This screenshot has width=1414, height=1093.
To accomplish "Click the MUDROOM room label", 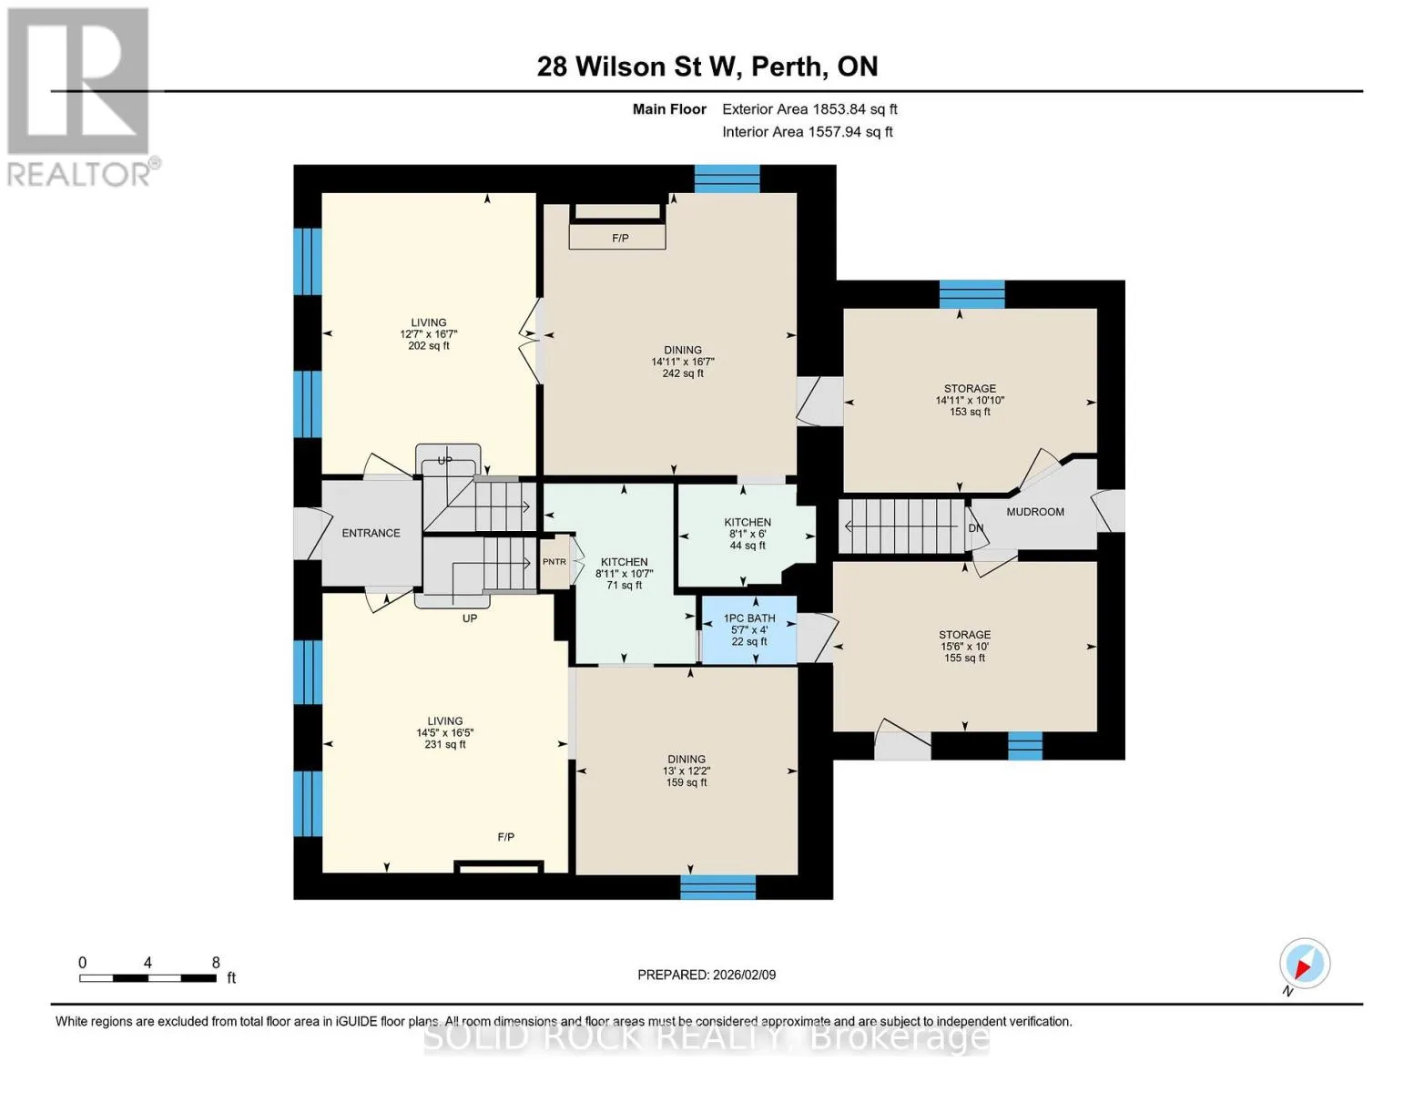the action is [x=1034, y=512].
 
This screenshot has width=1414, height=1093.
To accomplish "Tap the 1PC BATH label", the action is [x=749, y=618].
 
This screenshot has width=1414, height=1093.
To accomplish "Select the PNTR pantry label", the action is [x=554, y=562].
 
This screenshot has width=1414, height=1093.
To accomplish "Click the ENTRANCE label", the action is [x=371, y=533].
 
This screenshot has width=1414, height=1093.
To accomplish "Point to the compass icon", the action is [x=1304, y=964].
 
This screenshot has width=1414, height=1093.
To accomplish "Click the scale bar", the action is [x=148, y=978].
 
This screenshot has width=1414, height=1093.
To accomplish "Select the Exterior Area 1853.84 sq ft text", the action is [x=809, y=109].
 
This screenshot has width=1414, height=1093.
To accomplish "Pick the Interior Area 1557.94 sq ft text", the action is [x=807, y=132].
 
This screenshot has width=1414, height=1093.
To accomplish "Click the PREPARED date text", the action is [x=707, y=976].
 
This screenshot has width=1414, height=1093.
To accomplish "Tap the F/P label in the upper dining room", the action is [x=620, y=239].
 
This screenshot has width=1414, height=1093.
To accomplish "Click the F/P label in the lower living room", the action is [x=505, y=837].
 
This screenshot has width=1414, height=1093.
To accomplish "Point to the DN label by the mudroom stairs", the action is [x=975, y=528].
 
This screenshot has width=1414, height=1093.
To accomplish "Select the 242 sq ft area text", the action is [x=683, y=373].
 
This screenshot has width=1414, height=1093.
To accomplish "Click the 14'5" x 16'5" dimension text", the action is [x=445, y=733].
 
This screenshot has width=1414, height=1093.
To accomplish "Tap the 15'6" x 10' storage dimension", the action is [x=964, y=647].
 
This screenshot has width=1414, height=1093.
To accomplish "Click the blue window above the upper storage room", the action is [x=971, y=294].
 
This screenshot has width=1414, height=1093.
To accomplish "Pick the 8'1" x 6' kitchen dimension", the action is [x=748, y=534].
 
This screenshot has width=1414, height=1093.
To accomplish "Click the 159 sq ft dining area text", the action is [x=686, y=782].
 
